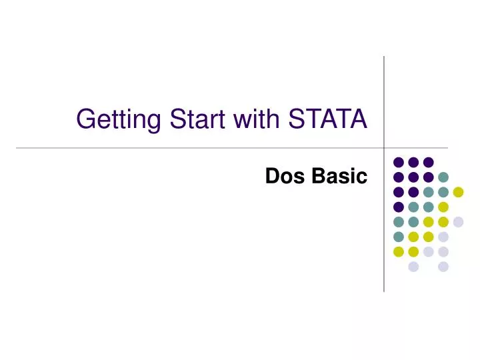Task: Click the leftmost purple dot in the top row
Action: coord(399,162)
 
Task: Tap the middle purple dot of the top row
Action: coord(413,162)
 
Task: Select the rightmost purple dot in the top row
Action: coord(429,162)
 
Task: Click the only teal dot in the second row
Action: coord(443,177)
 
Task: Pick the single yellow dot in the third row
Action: coord(458,192)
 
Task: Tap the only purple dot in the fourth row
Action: coord(399,207)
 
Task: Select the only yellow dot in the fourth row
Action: coord(443,207)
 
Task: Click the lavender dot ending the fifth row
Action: coord(458,222)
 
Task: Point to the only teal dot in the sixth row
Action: coord(399,237)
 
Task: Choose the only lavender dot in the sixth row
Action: coord(443,237)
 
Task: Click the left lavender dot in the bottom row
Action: coord(413,267)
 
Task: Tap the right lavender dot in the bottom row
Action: coord(443,267)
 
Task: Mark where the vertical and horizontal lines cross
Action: coord(384,147)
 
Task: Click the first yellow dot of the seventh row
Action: coord(399,251)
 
